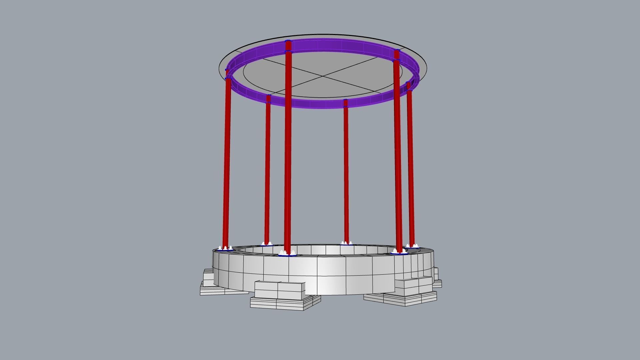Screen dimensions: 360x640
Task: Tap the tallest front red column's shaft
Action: coord(288,150)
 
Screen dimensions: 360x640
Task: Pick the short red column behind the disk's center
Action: coord(346,170)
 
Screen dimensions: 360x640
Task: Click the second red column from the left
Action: coord(267,170)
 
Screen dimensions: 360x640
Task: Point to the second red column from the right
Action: coord(398,150)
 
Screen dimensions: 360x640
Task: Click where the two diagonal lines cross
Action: coord(323,77)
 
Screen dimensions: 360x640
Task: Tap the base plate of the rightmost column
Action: coord(413,247)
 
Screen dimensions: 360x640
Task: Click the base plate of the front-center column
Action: coord(287,255)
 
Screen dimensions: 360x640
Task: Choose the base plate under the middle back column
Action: coord(347,244)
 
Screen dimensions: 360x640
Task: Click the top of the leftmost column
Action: coord(227,71)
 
